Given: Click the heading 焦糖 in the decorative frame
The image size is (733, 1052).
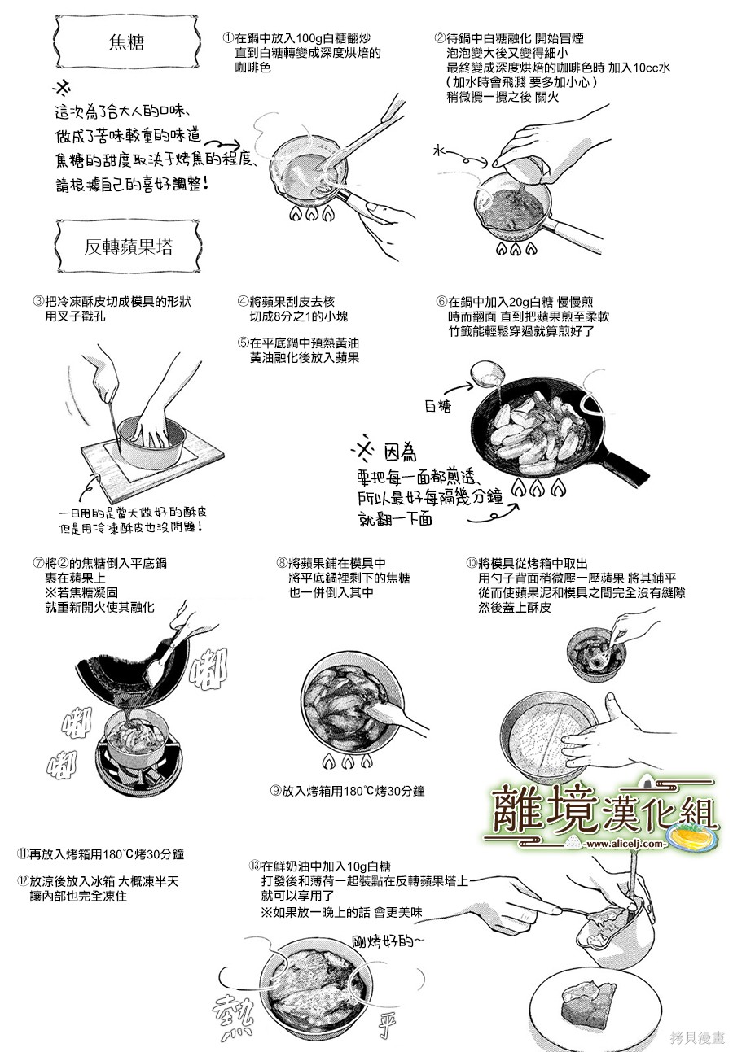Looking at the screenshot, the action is [126, 42].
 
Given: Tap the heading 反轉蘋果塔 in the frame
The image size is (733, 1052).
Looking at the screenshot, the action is [129, 247].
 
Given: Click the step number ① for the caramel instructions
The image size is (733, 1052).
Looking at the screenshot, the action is [229, 38].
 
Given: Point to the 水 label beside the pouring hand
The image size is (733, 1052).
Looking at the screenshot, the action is [439, 151].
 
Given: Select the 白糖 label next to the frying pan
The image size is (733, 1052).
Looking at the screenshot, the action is [437, 406].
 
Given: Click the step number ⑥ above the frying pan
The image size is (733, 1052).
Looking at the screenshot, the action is [441, 302].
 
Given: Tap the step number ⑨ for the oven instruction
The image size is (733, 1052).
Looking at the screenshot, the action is [275, 791].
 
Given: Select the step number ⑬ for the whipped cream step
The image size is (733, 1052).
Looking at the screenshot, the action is [255, 866].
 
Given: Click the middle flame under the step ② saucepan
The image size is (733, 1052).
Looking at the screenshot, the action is [516, 248].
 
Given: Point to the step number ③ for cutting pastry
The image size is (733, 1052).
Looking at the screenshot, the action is [38, 302].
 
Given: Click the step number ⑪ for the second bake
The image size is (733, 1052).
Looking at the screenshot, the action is [23, 854].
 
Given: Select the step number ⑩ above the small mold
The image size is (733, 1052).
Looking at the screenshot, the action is [472, 563].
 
